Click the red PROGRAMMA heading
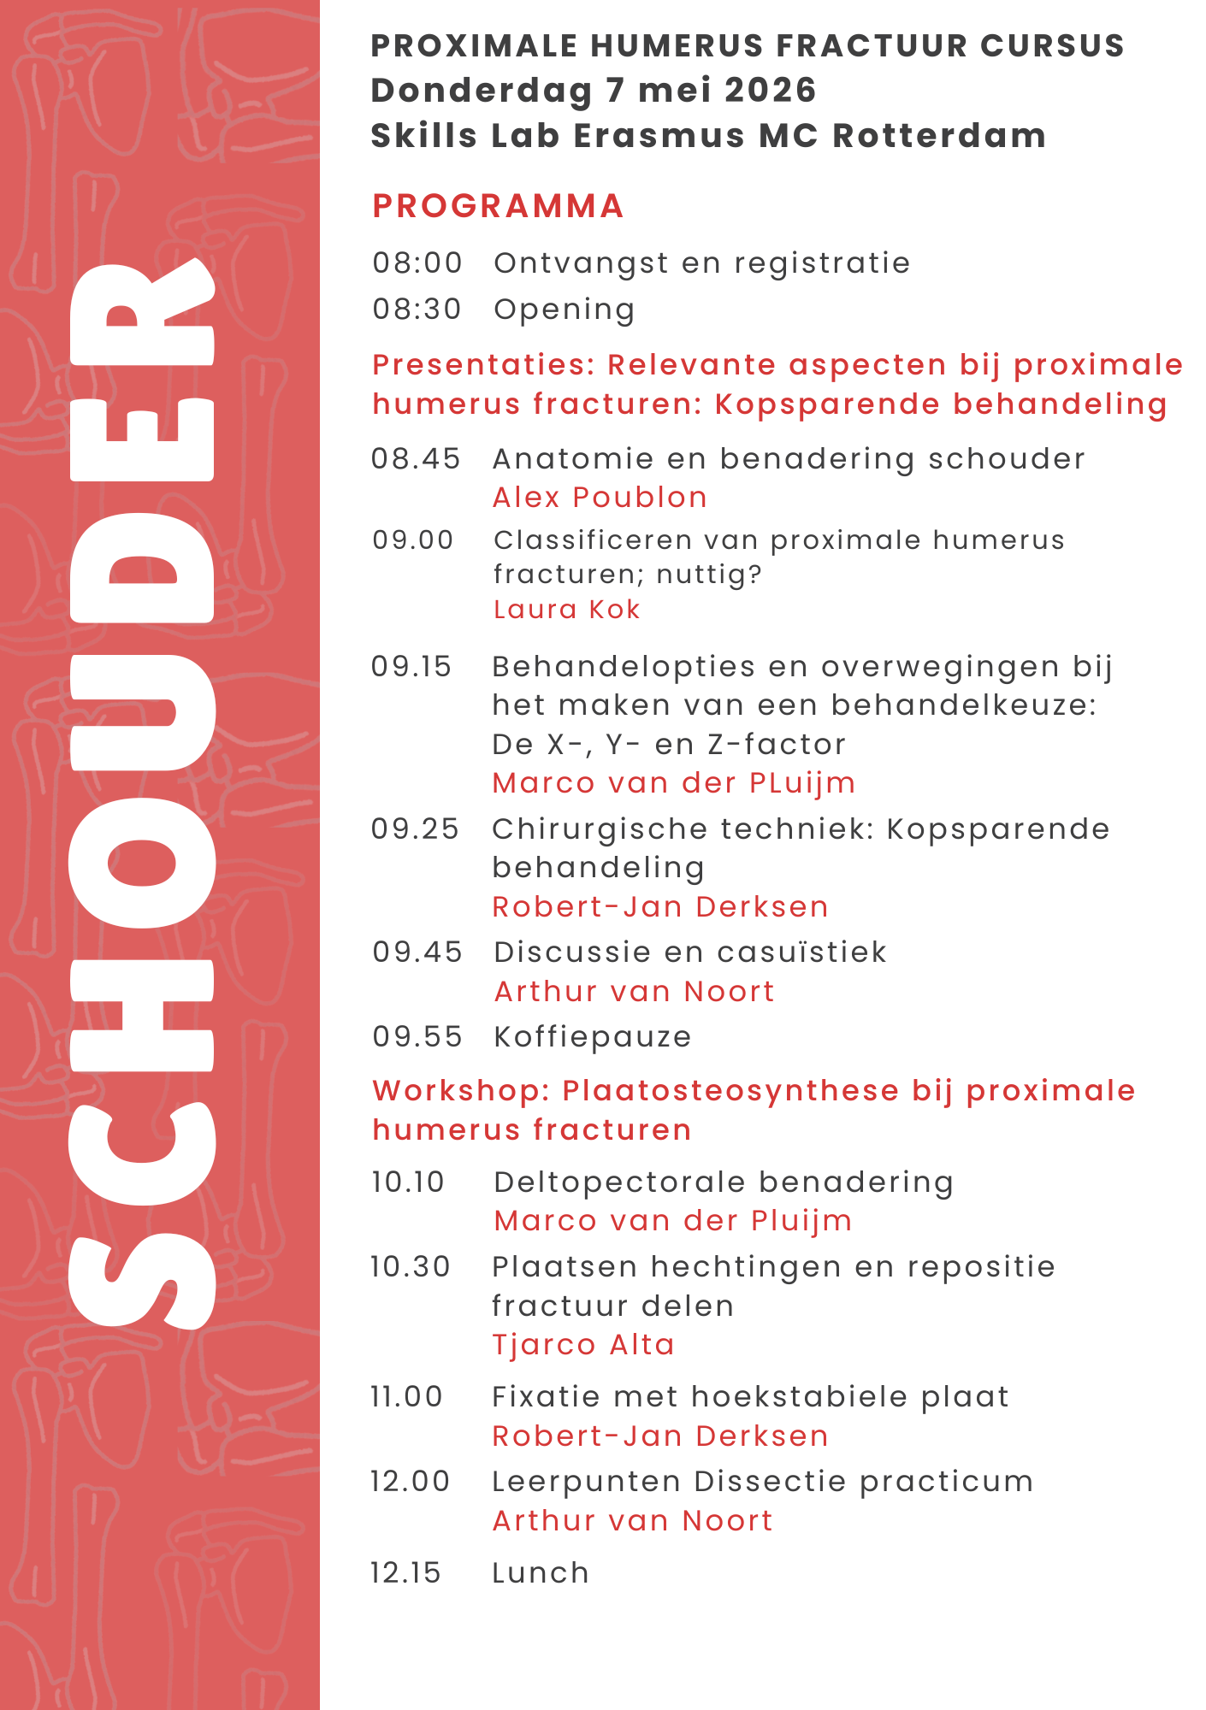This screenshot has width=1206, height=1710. tap(498, 206)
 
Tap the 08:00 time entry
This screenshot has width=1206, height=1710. tap(417, 262)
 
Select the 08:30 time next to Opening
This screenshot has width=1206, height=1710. tap(417, 309)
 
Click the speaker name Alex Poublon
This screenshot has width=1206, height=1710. tap(600, 497)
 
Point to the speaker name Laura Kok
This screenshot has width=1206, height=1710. tap(566, 609)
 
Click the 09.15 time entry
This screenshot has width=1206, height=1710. tap(411, 666)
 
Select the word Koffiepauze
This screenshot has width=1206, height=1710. tap(593, 1036)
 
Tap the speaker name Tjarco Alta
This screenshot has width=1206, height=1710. tap(583, 1344)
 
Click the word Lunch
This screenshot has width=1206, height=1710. tap(541, 1572)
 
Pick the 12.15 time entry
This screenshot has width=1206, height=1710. tap(406, 1572)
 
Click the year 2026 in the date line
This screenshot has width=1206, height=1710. tap(769, 90)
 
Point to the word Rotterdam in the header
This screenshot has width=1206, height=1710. tap(939, 135)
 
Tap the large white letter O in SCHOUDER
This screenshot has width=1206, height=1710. tap(141, 864)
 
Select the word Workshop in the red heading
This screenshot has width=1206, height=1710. tap(461, 1090)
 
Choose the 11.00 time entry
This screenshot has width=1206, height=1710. tap(406, 1396)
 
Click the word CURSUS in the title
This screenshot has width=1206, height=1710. tap(1052, 45)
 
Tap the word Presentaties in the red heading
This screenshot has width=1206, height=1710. tap(484, 364)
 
